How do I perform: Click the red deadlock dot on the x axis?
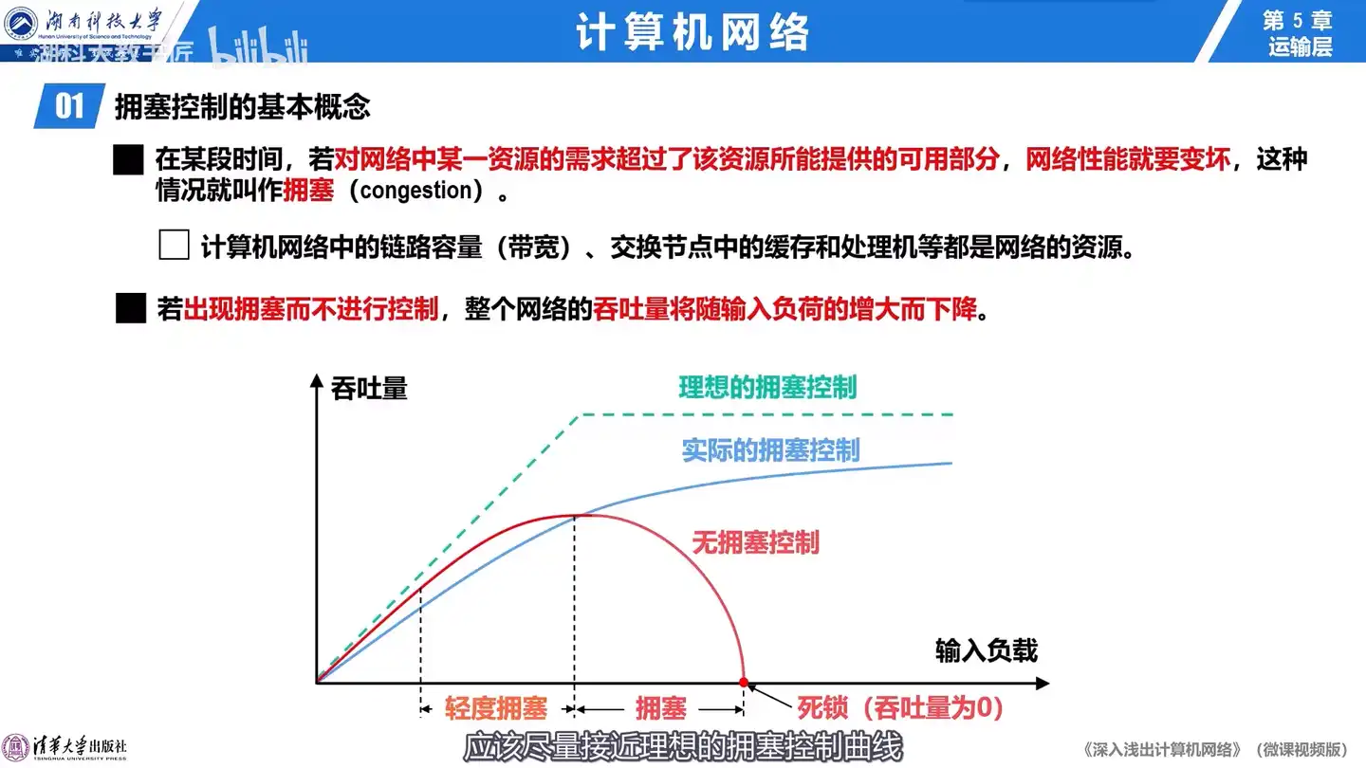[744, 682]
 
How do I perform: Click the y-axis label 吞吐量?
[369, 389]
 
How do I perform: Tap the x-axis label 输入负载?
[987, 649]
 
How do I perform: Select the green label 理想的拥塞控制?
[767, 387]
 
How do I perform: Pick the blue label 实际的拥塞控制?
[770, 450]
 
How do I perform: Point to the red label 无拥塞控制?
[755, 542]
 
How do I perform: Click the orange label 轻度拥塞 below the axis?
[496, 707]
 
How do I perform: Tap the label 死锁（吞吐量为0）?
[900, 707]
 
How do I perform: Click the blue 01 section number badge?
[69, 106]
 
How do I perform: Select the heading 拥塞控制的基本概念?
[243, 106]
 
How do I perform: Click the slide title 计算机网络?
[692, 31]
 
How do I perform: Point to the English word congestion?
[416, 191]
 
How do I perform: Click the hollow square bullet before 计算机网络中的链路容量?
[174, 245]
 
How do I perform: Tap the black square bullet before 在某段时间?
[129, 159]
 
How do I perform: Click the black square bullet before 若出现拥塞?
[131, 308]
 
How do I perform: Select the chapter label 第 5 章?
[1298, 20]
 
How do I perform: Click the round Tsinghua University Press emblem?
[15, 748]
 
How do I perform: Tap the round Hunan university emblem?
[20, 23]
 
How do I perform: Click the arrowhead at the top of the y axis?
[316, 380]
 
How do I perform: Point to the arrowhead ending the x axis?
[1043, 684]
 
